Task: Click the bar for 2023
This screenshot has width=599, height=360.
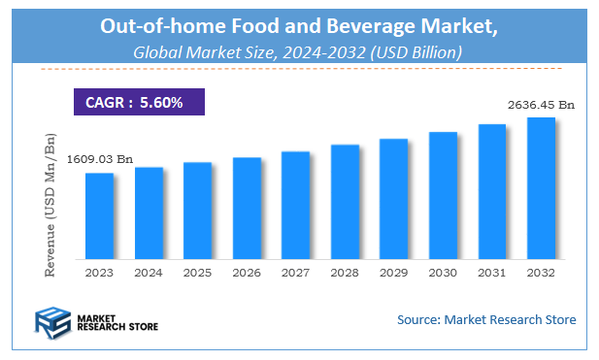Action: click(x=99, y=216)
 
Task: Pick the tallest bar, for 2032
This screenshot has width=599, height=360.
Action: click(x=541, y=188)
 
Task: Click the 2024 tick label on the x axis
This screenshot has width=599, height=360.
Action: click(x=149, y=274)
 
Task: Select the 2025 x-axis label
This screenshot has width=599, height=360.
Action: click(x=197, y=274)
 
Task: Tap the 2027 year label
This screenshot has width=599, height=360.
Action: click(x=295, y=274)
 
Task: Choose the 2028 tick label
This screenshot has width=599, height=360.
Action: click(x=345, y=274)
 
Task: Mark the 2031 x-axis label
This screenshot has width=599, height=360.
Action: click(x=491, y=274)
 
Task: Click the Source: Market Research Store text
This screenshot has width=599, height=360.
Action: click(x=486, y=319)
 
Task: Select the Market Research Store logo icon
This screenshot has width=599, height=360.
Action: click(x=52, y=321)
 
